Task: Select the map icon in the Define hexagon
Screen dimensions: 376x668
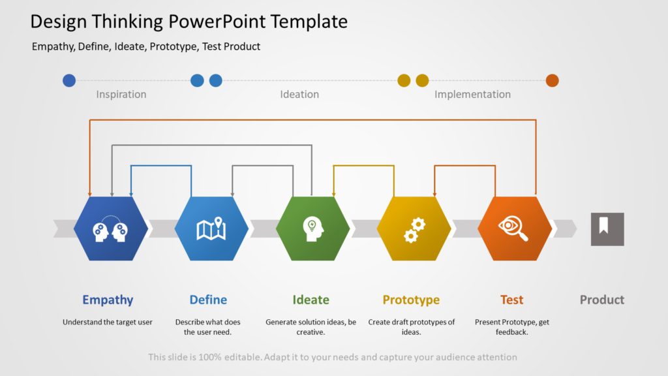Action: [211, 228]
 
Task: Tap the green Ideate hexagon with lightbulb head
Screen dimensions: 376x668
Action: [312, 228]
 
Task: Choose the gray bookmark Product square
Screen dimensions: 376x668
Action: [607, 229]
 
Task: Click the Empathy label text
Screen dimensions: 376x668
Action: [108, 300]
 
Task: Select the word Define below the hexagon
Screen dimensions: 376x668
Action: [208, 300]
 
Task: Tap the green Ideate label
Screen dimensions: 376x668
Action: [311, 300]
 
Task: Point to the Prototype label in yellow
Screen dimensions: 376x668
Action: [411, 300]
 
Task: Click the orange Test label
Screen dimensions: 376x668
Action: [511, 300]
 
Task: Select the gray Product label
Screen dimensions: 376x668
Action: [601, 300]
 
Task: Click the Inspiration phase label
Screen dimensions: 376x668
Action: [121, 94]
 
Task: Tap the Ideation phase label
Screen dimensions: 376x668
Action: [299, 94]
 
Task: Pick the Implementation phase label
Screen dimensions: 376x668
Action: [472, 94]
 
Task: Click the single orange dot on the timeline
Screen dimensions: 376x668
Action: [552, 80]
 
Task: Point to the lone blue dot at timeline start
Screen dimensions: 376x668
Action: [69, 80]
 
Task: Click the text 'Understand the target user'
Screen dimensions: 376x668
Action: [108, 322]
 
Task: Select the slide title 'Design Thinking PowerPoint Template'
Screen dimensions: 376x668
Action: [189, 22]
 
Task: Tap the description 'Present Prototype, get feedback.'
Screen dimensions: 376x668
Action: [511, 327]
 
